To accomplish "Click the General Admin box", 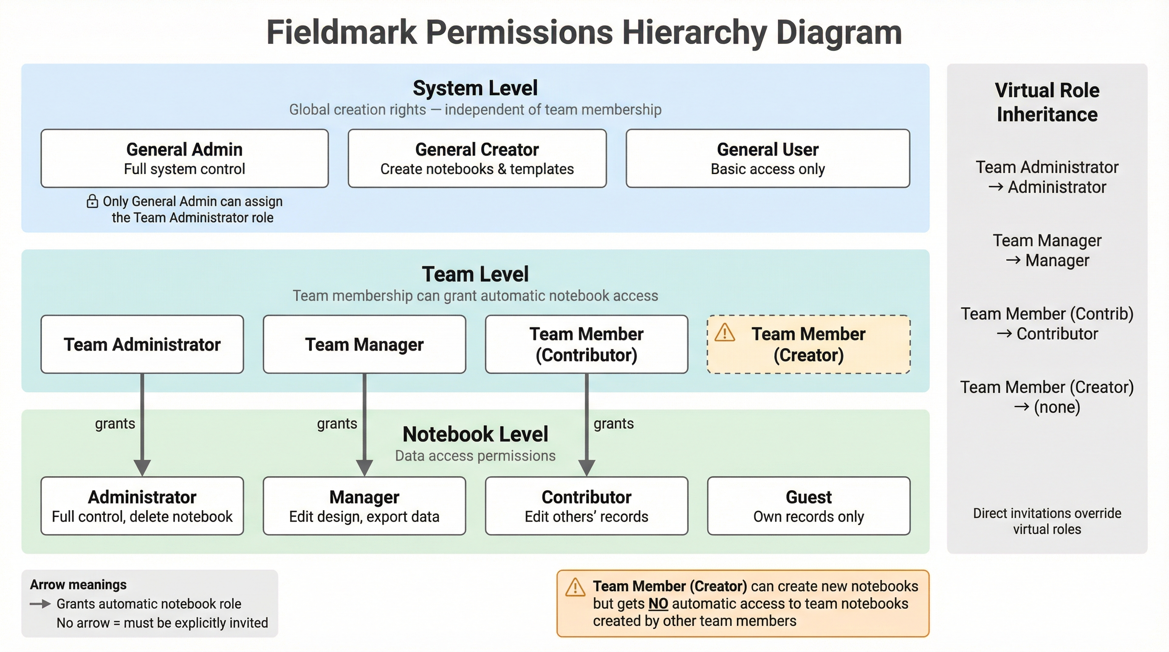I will [x=184, y=158].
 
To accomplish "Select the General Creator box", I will [x=477, y=158].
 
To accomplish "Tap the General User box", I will [x=768, y=158].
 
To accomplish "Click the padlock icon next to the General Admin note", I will [x=92, y=201].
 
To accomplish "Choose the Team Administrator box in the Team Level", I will [x=142, y=344].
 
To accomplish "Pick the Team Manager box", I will [x=364, y=344].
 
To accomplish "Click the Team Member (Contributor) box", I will [x=586, y=344].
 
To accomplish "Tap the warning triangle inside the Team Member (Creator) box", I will [x=724, y=333].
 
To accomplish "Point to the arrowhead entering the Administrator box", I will [x=142, y=467].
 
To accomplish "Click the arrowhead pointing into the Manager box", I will [x=364, y=467].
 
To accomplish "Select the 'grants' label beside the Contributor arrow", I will [x=613, y=424].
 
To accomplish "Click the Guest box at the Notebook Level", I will [x=808, y=506].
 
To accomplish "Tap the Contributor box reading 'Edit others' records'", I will [x=586, y=506].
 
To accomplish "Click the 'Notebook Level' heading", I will [x=475, y=434].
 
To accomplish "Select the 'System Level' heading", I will [x=475, y=88].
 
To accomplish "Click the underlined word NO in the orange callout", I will [x=658, y=604].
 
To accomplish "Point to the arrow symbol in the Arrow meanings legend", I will [x=40, y=604].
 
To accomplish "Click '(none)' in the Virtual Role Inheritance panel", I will [x=1057, y=407].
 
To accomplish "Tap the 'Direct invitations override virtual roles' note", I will [x=1047, y=521].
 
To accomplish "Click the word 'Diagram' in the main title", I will [x=839, y=33].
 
